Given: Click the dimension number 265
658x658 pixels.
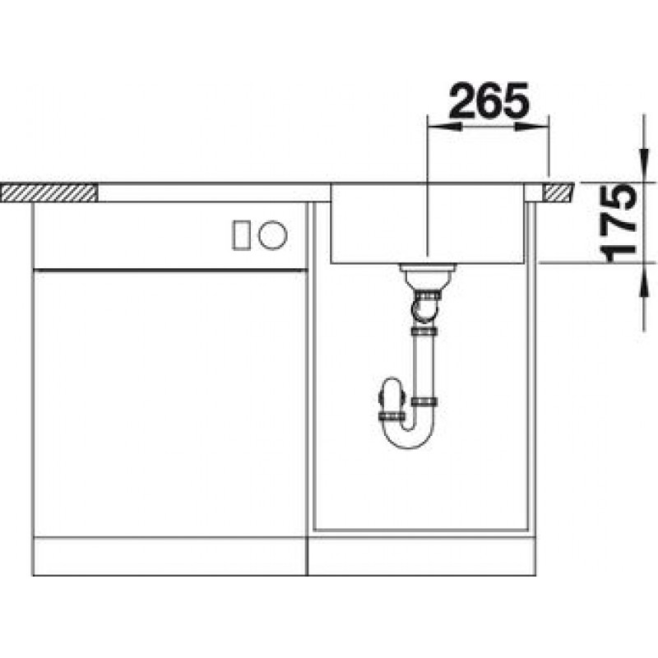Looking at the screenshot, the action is [489, 100].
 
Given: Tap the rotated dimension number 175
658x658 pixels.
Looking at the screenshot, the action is [619, 224].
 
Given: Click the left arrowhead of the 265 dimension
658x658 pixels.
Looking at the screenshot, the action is [444, 127].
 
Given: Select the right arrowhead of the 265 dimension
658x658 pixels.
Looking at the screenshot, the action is [531, 127].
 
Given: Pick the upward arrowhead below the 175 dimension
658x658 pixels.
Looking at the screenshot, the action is [643, 280].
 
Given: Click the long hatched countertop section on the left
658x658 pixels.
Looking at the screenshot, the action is [49, 192].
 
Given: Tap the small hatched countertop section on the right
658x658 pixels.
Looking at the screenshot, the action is [559, 193].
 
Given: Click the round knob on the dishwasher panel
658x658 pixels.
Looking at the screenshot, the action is [272, 234].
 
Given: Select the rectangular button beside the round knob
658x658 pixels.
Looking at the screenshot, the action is [242, 235].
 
